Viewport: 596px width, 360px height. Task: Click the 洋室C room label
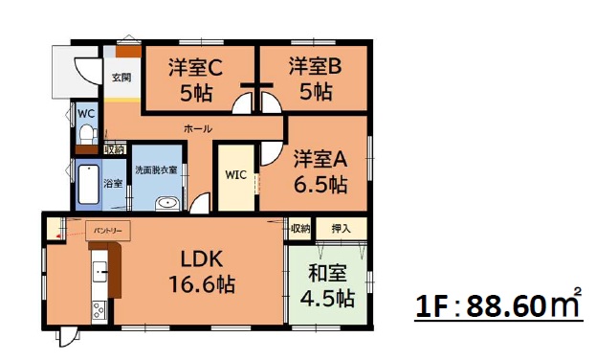click(x=195, y=67)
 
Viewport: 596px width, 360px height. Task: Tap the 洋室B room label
click(x=315, y=66)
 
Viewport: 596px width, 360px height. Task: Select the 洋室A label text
click(x=320, y=159)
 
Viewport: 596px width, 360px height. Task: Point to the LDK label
click(x=201, y=259)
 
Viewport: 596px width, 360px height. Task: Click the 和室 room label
click(x=327, y=273)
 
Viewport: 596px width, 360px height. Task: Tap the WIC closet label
click(x=235, y=175)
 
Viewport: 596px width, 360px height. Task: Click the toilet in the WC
click(x=88, y=134)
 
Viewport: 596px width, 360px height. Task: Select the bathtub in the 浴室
click(x=89, y=185)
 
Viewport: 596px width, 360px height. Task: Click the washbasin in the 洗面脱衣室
click(x=167, y=203)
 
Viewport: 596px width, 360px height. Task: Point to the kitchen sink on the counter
click(x=99, y=272)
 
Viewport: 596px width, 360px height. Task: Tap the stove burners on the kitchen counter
click(x=99, y=309)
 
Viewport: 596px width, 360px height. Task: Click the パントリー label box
click(x=108, y=231)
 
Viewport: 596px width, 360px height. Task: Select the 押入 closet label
click(x=341, y=228)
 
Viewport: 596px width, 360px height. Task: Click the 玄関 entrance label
click(x=121, y=78)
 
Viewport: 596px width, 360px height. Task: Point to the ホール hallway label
click(x=198, y=128)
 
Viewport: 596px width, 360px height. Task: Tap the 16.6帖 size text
click(x=202, y=284)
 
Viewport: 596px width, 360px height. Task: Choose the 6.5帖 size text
click(x=320, y=184)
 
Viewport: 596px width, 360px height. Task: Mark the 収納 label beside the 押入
click(x=300, y=228)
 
